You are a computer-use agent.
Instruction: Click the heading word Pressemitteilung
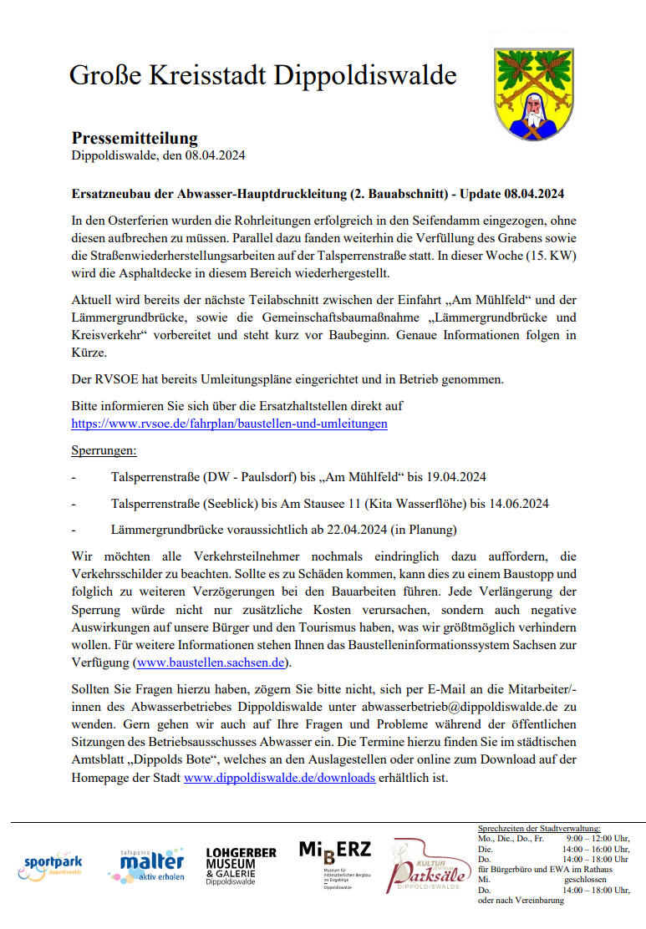[135, 138]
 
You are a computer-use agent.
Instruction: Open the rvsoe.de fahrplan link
[229, 424]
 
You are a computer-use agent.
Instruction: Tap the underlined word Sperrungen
[104, 451]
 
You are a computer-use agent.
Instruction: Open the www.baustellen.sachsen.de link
[211, 662]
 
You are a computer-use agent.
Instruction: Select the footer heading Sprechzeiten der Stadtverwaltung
[539, 827]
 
